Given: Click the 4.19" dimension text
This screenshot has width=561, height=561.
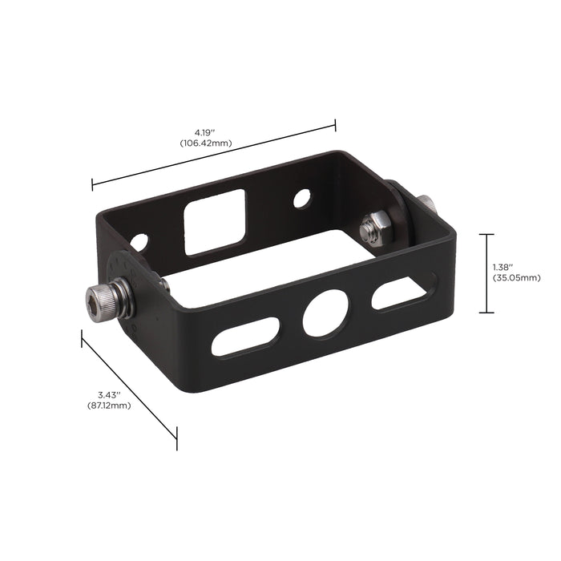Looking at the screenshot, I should (206, 131).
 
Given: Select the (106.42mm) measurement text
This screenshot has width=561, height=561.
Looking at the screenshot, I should (206, 143).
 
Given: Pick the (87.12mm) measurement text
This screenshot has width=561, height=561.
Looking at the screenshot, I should (109, 406).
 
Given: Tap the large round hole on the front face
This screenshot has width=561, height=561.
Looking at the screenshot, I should (321, 315).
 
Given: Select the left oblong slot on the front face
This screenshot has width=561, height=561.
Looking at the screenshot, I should (246, 336).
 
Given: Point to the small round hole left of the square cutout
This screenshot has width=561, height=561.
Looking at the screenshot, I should (141, 240).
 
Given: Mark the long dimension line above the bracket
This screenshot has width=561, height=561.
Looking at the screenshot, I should (214, 155).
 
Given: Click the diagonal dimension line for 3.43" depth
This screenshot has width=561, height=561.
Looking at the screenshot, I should (128, 384).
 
